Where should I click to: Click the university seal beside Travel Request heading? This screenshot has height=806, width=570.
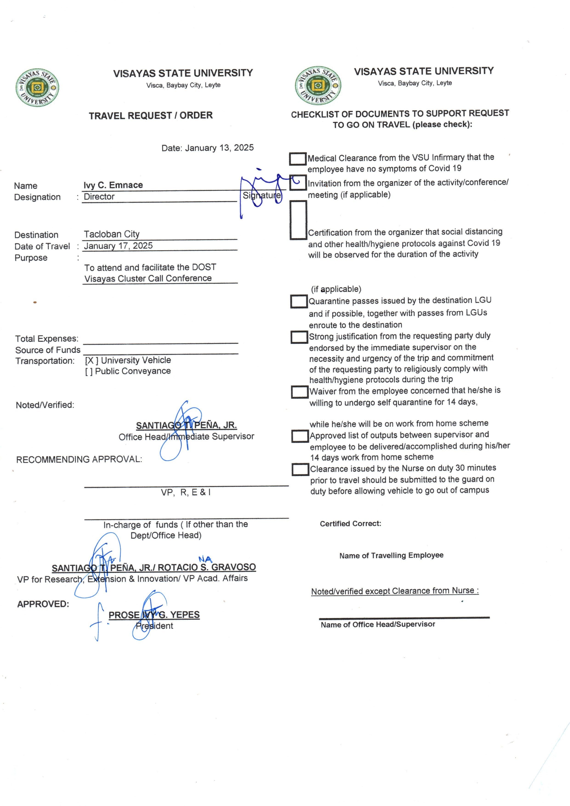pyautogui.click(x=37, y=87)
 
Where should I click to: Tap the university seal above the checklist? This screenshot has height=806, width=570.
pyautogui.click(x=318, y=85)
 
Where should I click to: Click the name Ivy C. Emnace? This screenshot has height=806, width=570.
pyautogui.click(x=113, y=185)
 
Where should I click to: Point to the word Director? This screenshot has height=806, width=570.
pyautogui.click(x=99, y=197)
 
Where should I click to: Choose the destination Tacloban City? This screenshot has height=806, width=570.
pyautogui.click(x=112, y=234)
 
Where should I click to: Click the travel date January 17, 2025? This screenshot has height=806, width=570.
pyautogui.click(x=118, y=246)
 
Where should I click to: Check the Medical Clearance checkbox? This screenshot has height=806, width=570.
pyautogui.click(x=298, y=159)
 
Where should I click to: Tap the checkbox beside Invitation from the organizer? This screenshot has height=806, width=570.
pyautogui.click(x=298, y=183)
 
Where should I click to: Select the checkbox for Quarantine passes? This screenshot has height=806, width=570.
pyautogui.click(x=299, y=301)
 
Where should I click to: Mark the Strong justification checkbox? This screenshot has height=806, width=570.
pyautogui.click(x=299, y=337)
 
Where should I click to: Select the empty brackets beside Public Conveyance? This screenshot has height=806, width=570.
pyautogui.click(x=89, y=372)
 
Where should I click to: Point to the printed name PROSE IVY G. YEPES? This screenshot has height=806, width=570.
pyautogui.click(x=154, y=615)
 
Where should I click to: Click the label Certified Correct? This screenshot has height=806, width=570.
pyautogui.click(x=350, y=524)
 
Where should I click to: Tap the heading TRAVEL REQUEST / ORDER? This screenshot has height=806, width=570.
pyautogui.click(x=150, y=116)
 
